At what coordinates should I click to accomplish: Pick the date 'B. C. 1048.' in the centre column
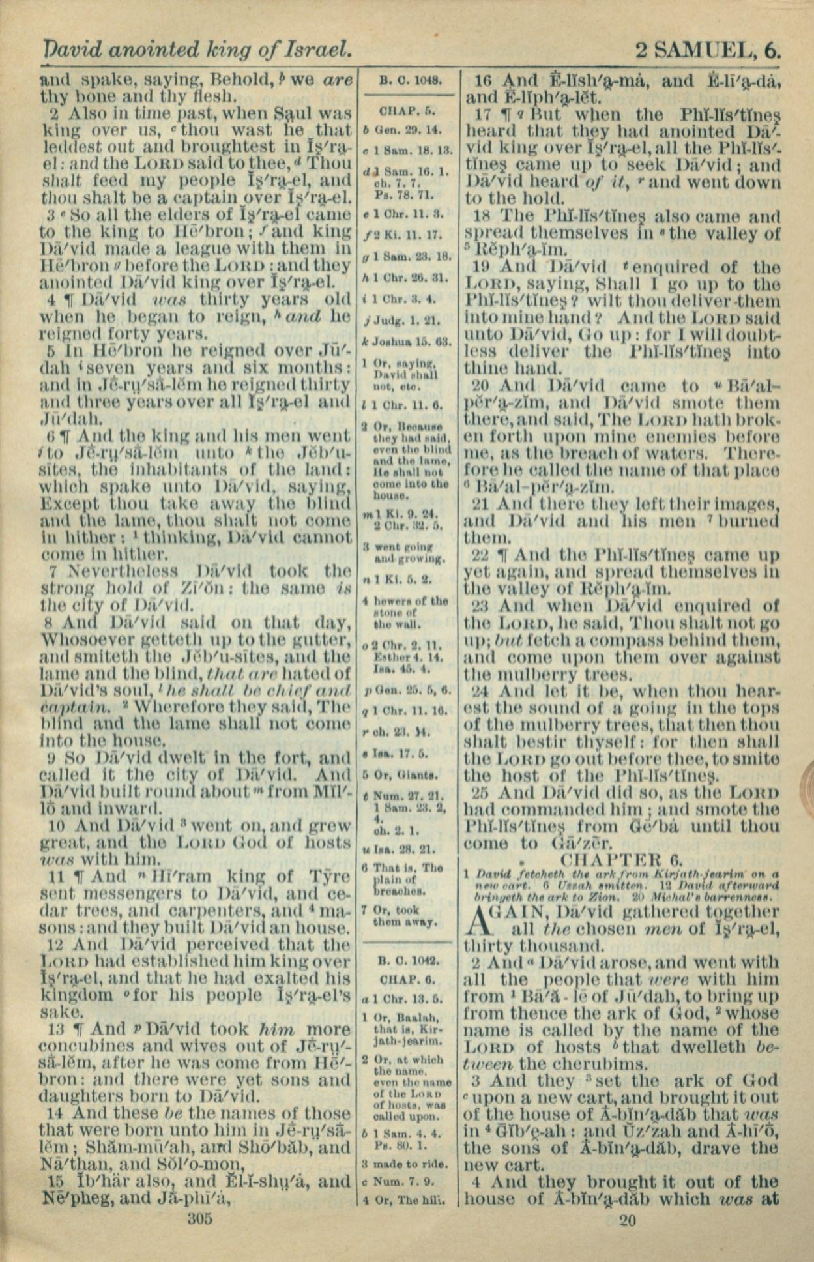(x=411, y=81)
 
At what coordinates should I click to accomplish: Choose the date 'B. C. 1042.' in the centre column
(x=409, y=961)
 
